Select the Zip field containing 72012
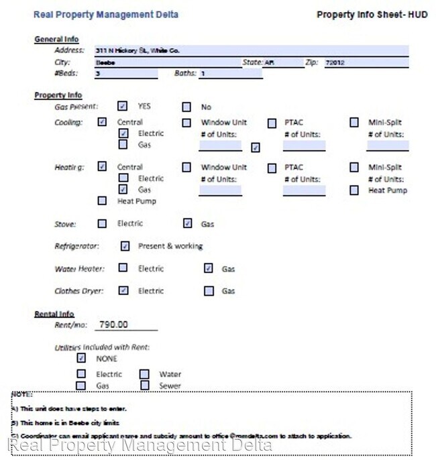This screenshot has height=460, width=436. point(366,62)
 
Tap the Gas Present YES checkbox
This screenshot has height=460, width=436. point(123,106)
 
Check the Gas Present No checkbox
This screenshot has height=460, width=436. point(186,107)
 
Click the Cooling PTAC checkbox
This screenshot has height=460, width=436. point(272,123)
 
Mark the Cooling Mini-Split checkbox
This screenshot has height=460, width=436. point(354,123)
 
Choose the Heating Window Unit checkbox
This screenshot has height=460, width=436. point(186,168)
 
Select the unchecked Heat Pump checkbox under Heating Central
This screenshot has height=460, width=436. point(102,200)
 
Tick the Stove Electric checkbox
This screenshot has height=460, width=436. point(102,224)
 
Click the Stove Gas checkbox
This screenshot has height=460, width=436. point(187,224)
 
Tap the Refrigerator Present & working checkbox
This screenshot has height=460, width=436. point(125,246)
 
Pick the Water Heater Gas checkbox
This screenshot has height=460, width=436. point(209,269)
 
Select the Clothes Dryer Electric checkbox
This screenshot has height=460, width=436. point(123,291)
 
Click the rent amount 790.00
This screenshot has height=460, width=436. point(113,325)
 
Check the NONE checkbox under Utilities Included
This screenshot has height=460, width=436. point(82,358)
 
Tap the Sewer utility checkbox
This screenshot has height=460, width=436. point(145,386)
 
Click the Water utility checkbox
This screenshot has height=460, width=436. point(145,374)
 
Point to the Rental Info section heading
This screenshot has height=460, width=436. point(54,314)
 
